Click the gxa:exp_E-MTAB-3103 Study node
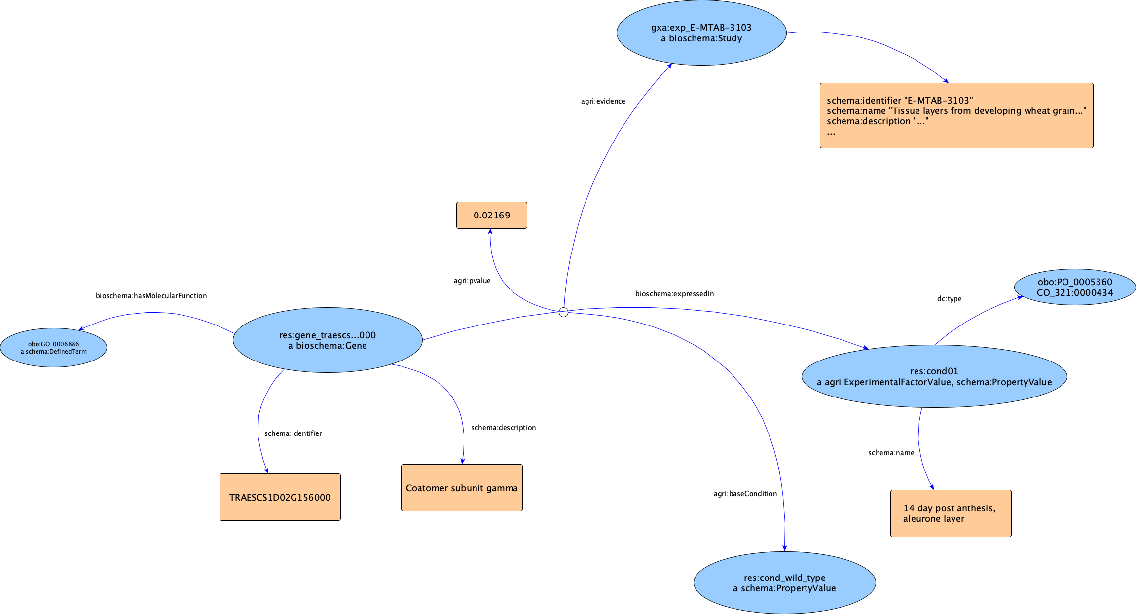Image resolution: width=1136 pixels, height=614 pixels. [701, 33]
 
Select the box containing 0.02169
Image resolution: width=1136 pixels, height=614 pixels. [491, 216]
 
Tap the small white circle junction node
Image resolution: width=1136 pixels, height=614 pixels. [563, 312]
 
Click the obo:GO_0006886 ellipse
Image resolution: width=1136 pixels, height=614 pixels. [53, 348]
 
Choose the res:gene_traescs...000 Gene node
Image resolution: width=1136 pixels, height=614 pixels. [327, 340]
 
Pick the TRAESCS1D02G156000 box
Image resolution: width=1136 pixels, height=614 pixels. [280, 497]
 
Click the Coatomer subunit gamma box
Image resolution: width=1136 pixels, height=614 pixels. [462, 488]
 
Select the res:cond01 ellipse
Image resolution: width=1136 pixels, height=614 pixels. [934, 376]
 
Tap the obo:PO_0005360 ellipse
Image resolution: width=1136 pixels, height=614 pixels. [1074, 287]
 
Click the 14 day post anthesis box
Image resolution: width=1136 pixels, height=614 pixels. [951, 513]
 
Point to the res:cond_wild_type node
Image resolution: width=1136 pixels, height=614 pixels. [784, 583]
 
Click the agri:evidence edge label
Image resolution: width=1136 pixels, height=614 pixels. [603, 101]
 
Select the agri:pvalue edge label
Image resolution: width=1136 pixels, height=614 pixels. [472, 281]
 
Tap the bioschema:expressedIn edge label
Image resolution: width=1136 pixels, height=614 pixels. [674, 294]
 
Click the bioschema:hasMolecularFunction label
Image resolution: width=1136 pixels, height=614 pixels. [151, 296]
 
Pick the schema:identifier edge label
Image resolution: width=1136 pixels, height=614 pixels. [293, 433]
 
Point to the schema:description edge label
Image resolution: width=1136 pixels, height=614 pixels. [503, 428]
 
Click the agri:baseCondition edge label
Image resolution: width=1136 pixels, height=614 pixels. [745, 494]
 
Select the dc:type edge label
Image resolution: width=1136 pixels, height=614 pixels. [949, 299]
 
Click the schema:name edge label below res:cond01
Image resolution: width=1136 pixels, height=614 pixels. [891, 453]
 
